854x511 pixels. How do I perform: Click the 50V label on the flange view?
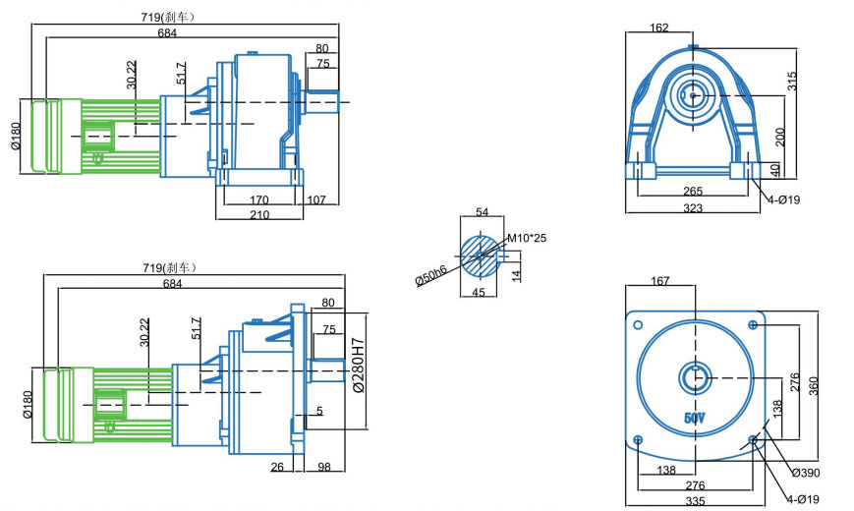coord(694,418)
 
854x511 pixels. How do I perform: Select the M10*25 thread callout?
coord(527,238)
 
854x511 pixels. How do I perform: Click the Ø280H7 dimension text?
coord(358,366)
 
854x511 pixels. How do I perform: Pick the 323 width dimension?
coord(694,208)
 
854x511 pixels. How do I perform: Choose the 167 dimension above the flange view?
coord(659,282)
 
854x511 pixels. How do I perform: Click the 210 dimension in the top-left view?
coord(259,214)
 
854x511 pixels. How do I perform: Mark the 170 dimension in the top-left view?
coord(259,199)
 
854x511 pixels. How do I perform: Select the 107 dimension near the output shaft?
coord(316,199)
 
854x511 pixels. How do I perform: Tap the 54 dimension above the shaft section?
coord(482,212)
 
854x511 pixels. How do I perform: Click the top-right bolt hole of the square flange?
coord(753,324)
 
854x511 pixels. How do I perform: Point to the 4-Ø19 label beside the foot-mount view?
coord(784,200)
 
